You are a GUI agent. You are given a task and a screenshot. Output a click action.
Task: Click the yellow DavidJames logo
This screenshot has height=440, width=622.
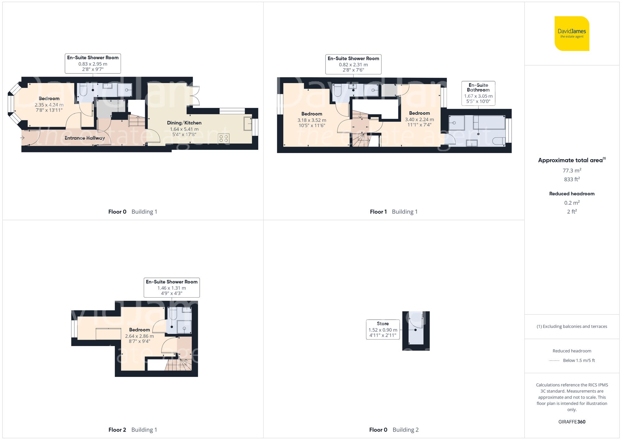coord(572,34)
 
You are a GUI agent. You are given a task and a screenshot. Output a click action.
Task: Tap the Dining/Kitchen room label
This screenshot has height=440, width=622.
coord(184,123)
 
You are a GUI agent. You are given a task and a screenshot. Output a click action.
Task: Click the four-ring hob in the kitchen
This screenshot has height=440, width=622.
coord(224,138)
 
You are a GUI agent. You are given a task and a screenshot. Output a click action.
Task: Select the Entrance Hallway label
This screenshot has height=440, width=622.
coord(85,138)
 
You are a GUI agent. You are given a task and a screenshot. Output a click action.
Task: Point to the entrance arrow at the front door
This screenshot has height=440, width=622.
coord(22,137)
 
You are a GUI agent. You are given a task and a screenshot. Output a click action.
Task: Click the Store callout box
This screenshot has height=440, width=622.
coord(383,329)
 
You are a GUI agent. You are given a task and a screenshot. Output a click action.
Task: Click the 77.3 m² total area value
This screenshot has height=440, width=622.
coord(572,170)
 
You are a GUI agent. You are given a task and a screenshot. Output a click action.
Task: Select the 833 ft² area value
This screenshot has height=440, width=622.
coord(572,179)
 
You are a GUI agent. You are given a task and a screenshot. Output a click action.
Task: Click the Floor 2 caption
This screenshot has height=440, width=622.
coord(117,430)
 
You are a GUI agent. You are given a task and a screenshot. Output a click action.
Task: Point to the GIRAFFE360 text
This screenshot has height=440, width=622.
coord(572,422)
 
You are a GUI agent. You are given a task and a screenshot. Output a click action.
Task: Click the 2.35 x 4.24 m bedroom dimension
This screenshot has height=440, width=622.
coord(49,105)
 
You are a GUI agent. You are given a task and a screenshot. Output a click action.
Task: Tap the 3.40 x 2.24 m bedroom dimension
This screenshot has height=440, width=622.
coord(419,119)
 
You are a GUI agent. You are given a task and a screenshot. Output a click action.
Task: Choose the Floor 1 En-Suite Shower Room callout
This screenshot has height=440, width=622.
coord(353,64)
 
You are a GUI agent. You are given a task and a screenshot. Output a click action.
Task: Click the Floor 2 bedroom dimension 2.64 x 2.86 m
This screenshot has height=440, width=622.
coord(139,336)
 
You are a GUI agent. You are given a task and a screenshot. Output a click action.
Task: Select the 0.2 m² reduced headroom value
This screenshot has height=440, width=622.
coord(572,203)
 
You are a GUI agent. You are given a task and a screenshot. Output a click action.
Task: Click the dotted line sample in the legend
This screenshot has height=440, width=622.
coord(554,361)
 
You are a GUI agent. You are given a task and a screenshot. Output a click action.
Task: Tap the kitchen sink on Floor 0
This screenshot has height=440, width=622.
coord(248,123)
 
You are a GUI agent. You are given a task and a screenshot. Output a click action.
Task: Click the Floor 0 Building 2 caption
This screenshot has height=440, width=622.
coord(394,430)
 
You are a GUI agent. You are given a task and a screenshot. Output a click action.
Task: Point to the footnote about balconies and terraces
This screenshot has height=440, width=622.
coord(572,327)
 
